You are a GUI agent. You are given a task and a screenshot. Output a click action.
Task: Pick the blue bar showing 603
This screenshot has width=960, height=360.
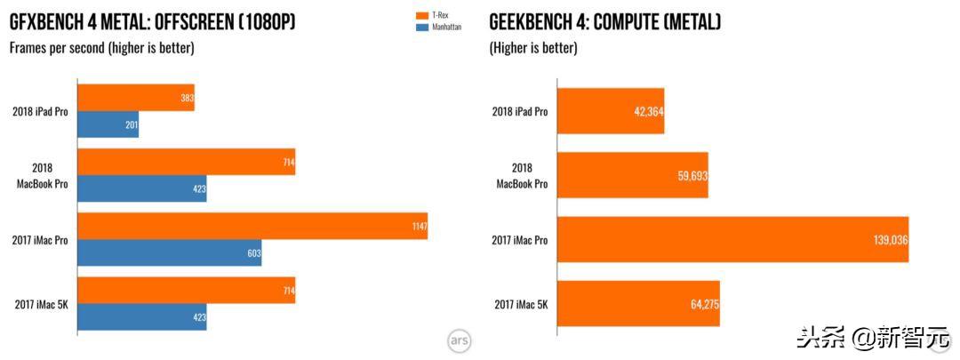pyautogui.click(x=169, y=253)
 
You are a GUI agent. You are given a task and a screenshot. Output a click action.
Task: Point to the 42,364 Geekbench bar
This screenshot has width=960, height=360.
pyautogui.click(x=610, y=111)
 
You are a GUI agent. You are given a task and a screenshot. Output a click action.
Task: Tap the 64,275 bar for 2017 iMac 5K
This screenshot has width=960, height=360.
pyautogui.click(x=637, y=305)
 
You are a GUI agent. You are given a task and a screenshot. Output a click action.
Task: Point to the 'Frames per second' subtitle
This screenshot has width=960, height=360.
pyautogui.click(x=101, y=48)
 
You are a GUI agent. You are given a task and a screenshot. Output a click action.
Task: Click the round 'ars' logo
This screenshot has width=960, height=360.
pyautogui.click(x=459, y=340)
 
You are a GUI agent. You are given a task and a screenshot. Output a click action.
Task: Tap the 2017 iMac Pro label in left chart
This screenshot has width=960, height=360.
pyautogui.click(x=41, y=240)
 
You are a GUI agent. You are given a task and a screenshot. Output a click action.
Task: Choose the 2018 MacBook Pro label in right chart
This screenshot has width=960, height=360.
pyautogui.click(x=522, y=176)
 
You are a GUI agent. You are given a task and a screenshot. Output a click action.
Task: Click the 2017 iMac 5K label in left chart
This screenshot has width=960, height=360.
pyautogui.click(x=42, y=305)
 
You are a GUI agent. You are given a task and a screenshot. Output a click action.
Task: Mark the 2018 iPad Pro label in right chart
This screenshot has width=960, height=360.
pyautogui.click(x=520, y=111)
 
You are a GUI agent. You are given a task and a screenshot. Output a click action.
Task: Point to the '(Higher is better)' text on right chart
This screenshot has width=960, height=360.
pyautogui.click(x=533, y=48)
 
